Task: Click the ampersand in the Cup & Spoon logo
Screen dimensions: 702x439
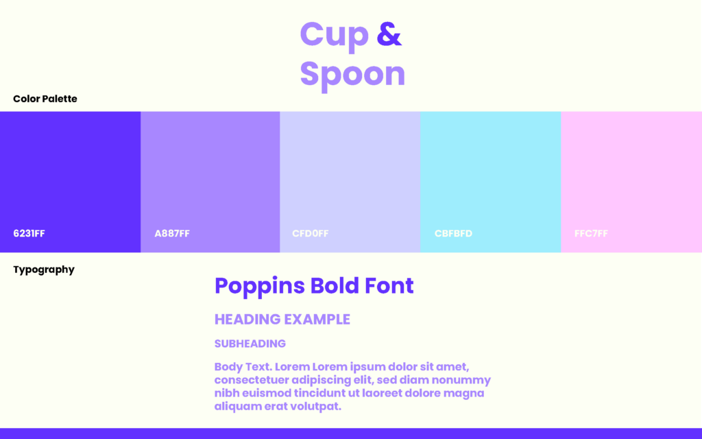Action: coord(389,34)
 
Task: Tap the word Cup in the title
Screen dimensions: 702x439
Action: coord(335,36)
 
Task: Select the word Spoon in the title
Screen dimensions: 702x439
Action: coord(353,75)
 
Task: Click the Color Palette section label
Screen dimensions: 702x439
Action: coord(45,99)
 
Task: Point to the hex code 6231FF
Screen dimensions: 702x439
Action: coord(29,233)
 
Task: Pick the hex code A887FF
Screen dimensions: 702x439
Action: coord(172,233)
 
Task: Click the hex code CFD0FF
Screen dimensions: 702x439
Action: coord(311,233)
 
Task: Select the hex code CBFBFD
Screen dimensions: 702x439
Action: coord(453,233)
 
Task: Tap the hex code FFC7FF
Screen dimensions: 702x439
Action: coord(591,233)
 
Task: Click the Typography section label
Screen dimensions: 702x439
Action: coord(44,270)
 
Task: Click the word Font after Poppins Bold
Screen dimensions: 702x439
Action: coord(389,286)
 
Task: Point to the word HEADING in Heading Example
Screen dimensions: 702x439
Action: coord(247,320)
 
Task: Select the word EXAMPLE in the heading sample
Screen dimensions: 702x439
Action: coord(317,320)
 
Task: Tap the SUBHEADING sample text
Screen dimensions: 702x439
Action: coord(250,344)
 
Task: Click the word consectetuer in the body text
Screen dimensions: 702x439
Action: coord(251,380)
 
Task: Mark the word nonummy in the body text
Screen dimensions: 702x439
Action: coord(461,381)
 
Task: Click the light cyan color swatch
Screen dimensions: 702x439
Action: coord(491,182)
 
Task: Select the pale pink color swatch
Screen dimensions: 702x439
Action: coord(631,182)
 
